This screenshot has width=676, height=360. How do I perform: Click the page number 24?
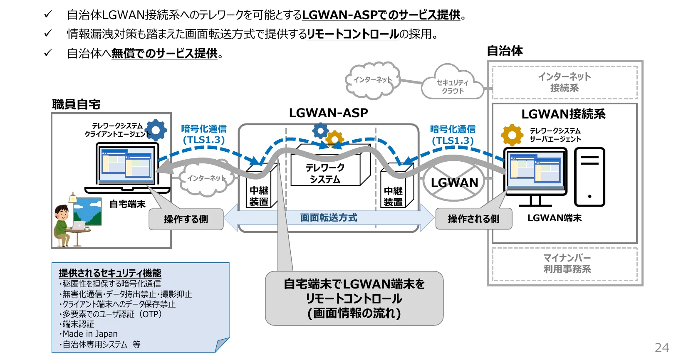pyautogui.click(x=661, y=348)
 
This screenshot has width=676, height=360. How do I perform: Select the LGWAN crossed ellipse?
pyautogui.click(x=454, y=182)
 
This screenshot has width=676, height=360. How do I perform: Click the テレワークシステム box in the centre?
pyautogui.click(x=325, y=173)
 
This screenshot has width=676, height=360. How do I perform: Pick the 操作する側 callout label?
pyautogui.click(x=186, y=219)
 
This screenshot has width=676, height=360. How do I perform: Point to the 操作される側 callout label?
pyautogui.click(x=473, y=219)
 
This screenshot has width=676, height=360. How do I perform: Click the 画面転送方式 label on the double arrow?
pyautogui.click(x=329, y=218)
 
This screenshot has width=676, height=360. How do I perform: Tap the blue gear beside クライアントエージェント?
pyautogui.click(x=156, y=130)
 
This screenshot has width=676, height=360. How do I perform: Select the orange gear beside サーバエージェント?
pyautogui.click(x=512, y=135)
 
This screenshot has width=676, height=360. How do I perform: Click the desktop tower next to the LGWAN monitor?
pyautogui.click(x=589, y=177)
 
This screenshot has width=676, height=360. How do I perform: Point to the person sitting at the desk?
pyautogui.click(x=62, y=224)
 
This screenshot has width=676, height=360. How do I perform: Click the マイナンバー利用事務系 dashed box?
pyautogui.click(x=565, y=264)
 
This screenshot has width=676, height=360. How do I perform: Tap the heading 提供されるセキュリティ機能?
pyautogui.click(x=110, y=273)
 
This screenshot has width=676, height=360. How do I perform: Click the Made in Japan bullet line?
pyautogui.click(x=90, y=334)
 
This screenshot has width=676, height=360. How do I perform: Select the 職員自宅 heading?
pyautogui.click(x=76, y=104)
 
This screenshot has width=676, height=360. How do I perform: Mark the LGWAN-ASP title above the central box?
pyautogui.click(x=328, y=113)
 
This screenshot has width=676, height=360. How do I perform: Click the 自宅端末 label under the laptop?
pyautogui.click(x=127, y=204)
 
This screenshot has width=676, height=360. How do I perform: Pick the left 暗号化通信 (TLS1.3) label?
pyautogui.click(x=203, y=134)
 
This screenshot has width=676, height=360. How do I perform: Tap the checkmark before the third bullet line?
pyautogui.click(x=48, y=53)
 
